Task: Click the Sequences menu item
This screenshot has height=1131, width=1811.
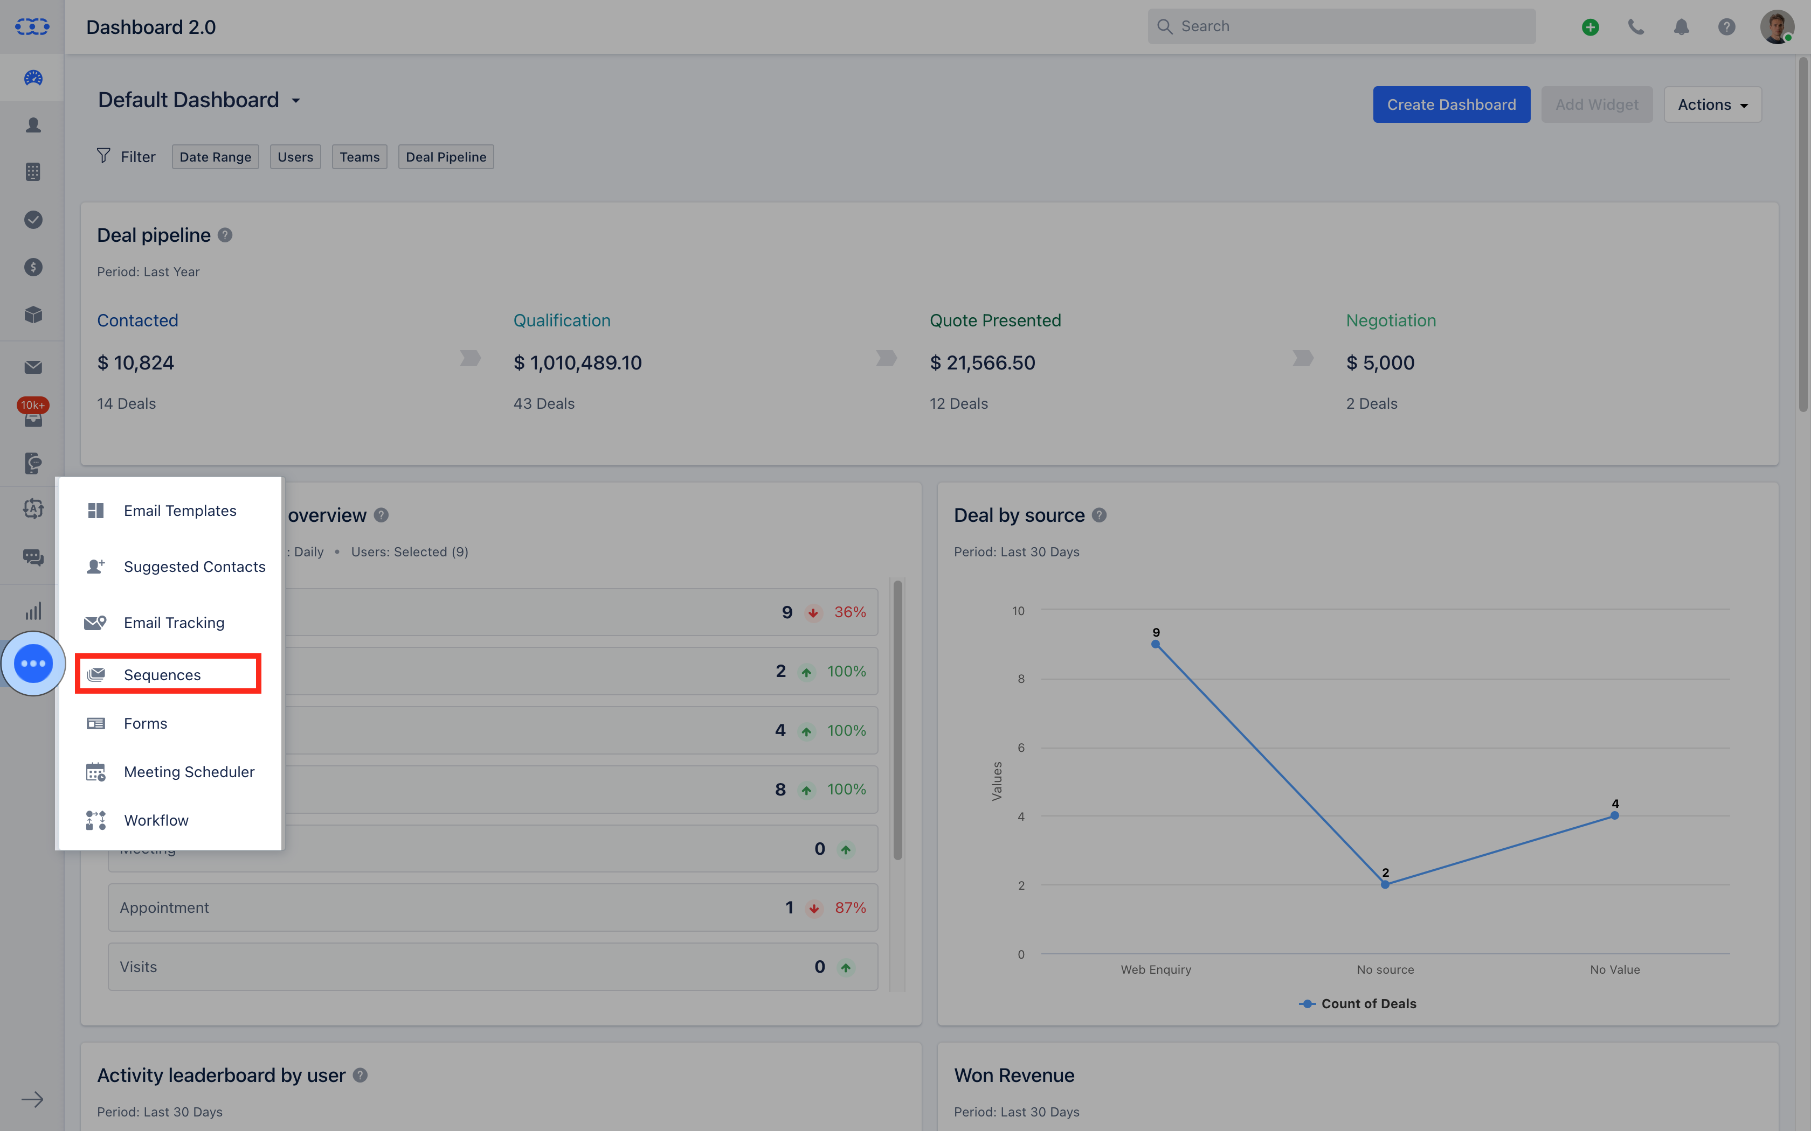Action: tap(162, 675)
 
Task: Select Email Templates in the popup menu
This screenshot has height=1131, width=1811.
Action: tap(179, 511)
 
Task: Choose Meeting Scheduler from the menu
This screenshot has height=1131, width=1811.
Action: tap(189, 772)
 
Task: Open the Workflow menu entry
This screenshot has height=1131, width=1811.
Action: tap(156, 821)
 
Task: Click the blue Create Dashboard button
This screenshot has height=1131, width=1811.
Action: tap(1450, 104)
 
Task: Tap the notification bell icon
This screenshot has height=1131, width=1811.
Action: tap(1681, 27)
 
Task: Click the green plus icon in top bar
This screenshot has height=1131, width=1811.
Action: tap(1590, 27)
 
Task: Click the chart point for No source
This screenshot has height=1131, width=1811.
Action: tap(1385, 885)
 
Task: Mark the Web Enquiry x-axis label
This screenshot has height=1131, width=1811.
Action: tap(1156, 969)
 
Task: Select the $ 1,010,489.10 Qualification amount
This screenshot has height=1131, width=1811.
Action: tap(577, 363)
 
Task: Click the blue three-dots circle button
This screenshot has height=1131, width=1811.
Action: tap(33, 664)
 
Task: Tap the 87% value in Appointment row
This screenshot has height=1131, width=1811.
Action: tap(850, 907)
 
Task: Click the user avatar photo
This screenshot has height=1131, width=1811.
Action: tap(1776, 27)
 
